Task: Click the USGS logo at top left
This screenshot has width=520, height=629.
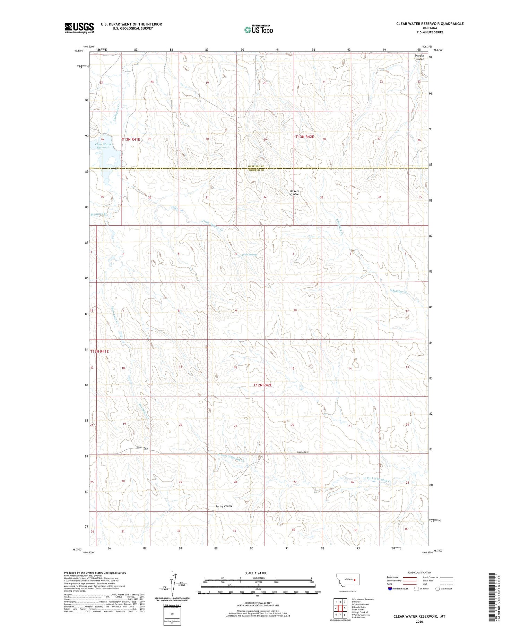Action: click(79, 28)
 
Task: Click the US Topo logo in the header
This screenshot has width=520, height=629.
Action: click(258, 29)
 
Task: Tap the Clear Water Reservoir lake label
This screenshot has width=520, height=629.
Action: click(103, 146)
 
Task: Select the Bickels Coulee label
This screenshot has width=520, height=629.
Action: click(294, 193)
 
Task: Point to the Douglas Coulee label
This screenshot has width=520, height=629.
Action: click(419, 57)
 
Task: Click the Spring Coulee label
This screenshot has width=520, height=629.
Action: click(224, 506)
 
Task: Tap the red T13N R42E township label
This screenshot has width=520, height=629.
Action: click(304, 137)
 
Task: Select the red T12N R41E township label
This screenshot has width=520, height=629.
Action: click(99, 351)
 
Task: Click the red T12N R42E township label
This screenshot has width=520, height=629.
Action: click(263, 385)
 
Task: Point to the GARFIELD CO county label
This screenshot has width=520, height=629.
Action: click(256, 167)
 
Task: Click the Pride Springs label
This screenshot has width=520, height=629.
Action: click(250, 255)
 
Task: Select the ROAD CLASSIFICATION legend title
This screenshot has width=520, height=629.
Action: click(419, 572)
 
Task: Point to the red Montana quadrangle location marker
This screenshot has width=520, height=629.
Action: click(355, 579)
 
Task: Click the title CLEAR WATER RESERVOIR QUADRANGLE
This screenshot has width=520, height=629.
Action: click(430, 24)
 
